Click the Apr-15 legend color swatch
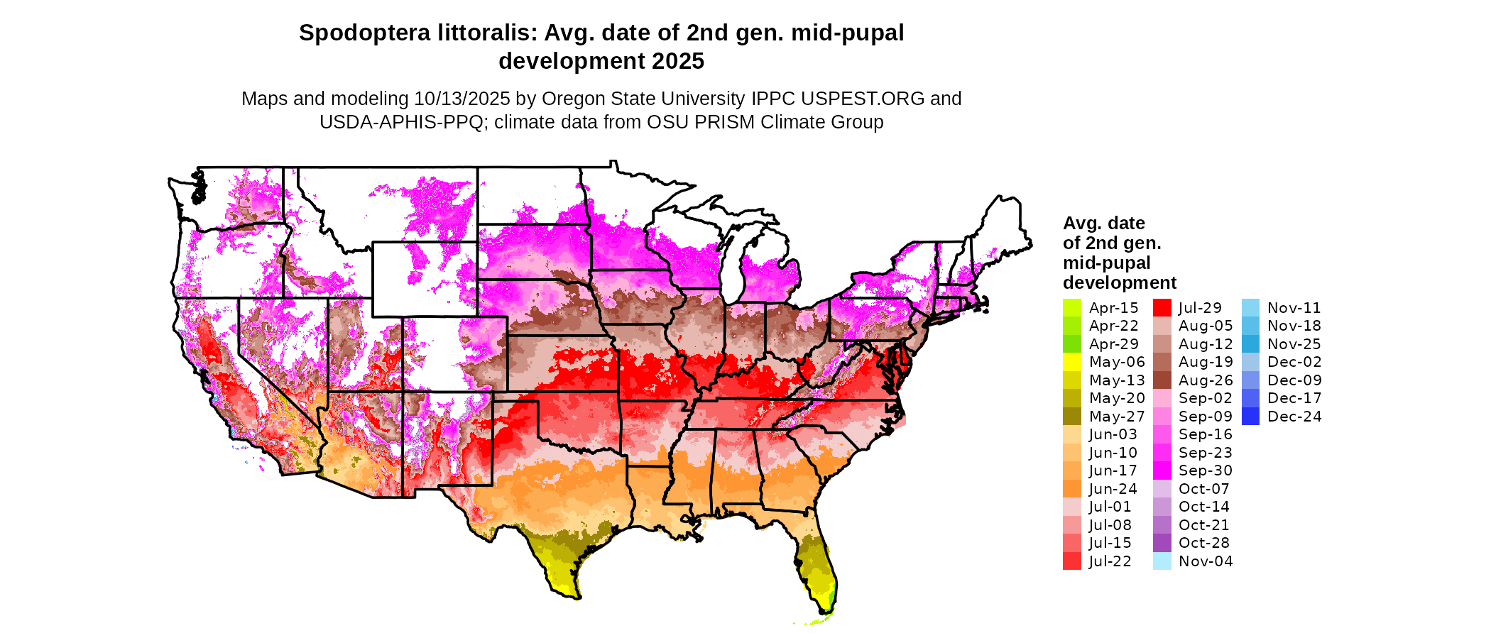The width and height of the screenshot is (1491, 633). [x=1071, y=308]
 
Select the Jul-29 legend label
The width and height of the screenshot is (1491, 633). [x=1200, y=308]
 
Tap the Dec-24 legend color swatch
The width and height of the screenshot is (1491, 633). [x=1250, y=417]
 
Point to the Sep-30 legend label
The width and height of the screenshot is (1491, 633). [x=1205, y=470]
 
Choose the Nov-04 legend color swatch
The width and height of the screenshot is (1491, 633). [x=1162, y=561]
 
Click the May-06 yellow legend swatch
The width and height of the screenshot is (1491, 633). [x=1071, y=362]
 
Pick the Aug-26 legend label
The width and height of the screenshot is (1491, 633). [x=1206, y=380]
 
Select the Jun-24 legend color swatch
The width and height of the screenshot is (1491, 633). [x=1071, y=489]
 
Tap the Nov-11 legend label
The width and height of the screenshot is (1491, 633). [x=1294, y=308]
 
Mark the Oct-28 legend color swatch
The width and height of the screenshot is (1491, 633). [x=1162, y=543]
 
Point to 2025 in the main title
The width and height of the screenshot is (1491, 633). [x=678, y=62]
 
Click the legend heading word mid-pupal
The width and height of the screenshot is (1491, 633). [x=1106, y=263]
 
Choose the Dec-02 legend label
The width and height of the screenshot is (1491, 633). [x=1294, y=362]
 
